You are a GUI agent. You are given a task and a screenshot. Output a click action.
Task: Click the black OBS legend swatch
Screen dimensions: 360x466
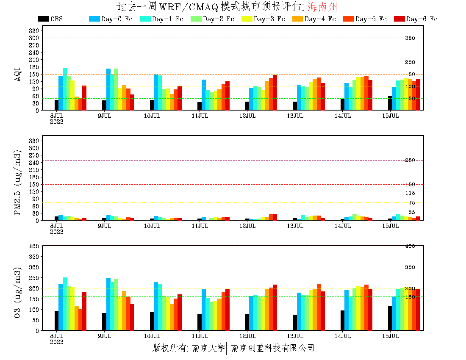click(43, 19)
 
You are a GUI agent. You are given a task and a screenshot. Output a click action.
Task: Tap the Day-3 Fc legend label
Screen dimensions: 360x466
click(269, 19)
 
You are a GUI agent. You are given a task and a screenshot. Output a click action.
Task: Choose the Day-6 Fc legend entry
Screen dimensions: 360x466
click(422, 19)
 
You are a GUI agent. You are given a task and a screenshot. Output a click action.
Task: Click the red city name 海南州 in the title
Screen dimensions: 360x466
click(322, 7)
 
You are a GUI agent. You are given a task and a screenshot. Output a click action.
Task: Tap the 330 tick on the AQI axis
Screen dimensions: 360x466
click(34, 30)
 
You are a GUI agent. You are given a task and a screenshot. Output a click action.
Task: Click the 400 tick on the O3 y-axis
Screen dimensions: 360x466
click(34, 246)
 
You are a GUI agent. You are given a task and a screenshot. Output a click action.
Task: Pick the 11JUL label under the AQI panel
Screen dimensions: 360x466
click(200, 116)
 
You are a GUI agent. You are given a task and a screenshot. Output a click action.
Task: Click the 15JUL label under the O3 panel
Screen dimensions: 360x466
click(391, 336)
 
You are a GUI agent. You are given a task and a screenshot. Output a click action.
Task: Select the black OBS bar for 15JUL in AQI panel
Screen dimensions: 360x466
click(390, 103)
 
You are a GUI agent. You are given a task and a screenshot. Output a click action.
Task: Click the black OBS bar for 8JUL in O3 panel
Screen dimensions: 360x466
click(56, 321)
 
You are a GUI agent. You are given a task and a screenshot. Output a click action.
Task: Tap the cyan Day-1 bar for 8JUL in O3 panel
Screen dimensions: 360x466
click(65, 304)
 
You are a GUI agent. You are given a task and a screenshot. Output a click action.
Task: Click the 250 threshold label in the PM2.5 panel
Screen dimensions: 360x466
click(410, 160)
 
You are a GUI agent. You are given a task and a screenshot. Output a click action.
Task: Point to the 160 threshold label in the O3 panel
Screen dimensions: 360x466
click(410, 297)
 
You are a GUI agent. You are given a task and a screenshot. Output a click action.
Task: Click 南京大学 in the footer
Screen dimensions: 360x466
click(208, 348)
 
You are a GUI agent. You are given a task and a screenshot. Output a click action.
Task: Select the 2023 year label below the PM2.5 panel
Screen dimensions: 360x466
click(56, 231)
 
